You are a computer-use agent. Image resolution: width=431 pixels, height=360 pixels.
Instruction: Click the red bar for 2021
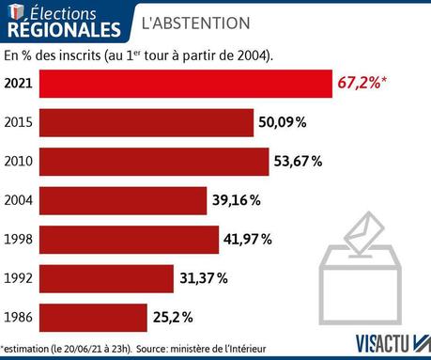187,84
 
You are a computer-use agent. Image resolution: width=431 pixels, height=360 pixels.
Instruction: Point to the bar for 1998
131,240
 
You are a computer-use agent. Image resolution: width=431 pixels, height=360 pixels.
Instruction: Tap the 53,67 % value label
299,162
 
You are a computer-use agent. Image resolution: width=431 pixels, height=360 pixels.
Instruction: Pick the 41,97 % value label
248,240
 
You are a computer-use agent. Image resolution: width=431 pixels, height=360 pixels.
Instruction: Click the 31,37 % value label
203,278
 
